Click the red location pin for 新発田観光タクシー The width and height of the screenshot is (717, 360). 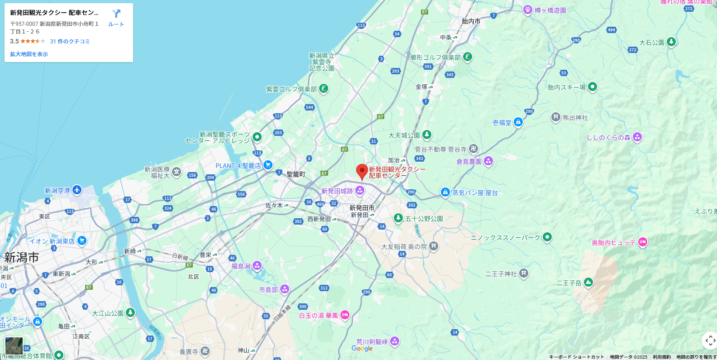(362, 171)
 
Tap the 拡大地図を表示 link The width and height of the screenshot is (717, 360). (29, 54)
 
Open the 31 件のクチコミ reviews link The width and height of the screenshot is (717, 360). (70, 41)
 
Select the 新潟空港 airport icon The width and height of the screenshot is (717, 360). (76, 190)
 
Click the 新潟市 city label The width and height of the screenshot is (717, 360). (21, 258)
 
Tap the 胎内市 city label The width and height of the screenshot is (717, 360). (471, 21)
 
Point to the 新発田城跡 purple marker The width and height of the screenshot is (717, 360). (360, 190)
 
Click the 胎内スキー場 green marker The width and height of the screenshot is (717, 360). (592, 86)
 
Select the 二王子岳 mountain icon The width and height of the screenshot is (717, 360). (588, 283)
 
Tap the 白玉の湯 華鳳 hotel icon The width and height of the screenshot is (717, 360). (344, 315)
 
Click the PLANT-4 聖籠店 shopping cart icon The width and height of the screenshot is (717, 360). (268, 165)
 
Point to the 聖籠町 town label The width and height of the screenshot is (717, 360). (296, 174)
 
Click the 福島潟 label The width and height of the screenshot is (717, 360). (241, 266)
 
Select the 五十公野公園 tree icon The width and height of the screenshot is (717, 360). (398, 218)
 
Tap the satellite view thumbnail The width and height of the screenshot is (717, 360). (14, 346)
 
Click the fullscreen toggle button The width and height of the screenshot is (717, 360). (710, 340)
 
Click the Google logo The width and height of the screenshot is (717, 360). (362, 349)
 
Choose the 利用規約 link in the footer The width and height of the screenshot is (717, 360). (661, 357)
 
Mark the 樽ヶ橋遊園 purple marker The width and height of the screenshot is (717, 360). (527, 10)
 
